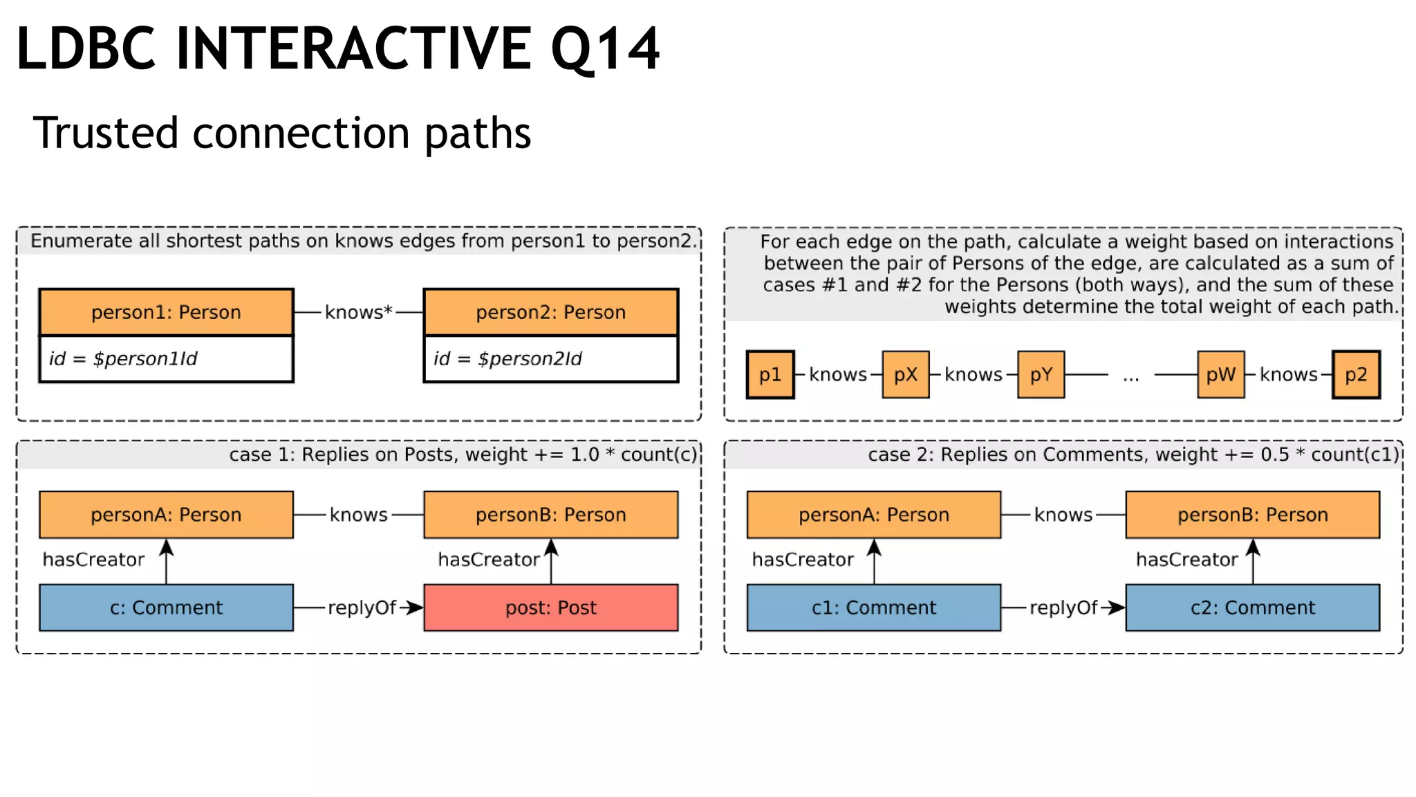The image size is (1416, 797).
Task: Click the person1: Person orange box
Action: (166, 312)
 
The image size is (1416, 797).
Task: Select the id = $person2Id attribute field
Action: (550, 358)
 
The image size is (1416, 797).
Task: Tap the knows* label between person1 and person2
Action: (358, 312)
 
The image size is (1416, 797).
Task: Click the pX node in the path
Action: (905, 374)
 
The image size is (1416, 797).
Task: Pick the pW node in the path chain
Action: (1220, 374)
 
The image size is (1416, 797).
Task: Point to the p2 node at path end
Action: (1356, 374)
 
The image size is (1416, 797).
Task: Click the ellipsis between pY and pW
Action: (1131, 376)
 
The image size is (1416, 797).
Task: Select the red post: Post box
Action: (550, 607)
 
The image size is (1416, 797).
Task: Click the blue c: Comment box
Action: (166, 607)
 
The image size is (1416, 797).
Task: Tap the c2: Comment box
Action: (1252, 607)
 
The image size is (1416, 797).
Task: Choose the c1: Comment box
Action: (873, 607)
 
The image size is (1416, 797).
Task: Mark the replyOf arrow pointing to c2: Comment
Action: (1113, 607)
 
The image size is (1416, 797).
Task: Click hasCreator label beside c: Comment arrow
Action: (93, 559)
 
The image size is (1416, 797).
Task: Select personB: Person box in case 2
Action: (1252, 515)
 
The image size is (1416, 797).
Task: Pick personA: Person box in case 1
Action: (166, 515)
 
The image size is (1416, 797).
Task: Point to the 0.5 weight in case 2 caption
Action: (1274, 455)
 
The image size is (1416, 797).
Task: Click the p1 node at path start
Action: (770, 374)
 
